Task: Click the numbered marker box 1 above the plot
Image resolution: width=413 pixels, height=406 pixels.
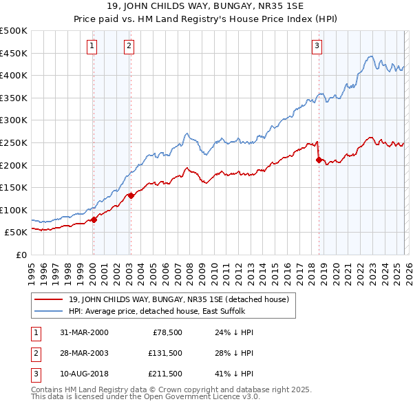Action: [92, 46]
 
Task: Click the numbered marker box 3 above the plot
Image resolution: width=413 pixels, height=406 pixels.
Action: [317, 46]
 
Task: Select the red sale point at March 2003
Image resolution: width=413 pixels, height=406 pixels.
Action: [131, 195]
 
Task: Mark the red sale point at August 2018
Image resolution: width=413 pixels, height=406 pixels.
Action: [319, 160]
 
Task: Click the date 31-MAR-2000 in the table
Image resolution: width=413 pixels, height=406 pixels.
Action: [83, 332]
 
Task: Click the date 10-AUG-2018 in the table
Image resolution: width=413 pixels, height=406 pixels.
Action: [83, 375]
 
